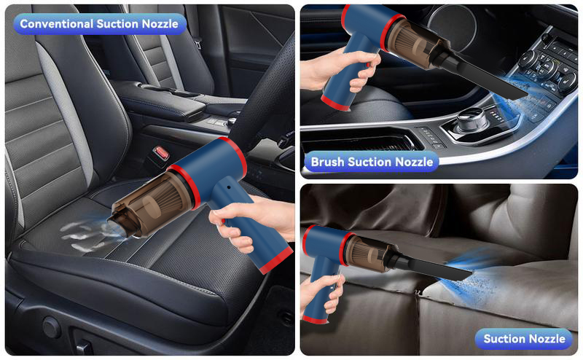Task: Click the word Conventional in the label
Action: coord(57,24)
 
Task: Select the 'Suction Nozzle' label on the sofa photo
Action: coord(524,339)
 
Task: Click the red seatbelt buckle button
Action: coord(161,153)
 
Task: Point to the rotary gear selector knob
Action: coord(472,120)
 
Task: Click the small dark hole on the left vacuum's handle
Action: coord(228,187)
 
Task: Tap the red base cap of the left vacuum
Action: coord(276,259)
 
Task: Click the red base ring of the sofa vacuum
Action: coord(315,319)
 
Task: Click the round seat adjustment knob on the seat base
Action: coord(51,327)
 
